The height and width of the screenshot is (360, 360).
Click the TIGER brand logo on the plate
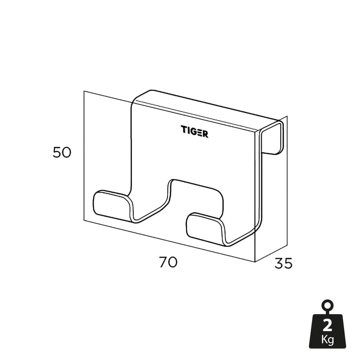click(194, 131)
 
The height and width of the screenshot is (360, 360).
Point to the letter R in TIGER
click(205, 134)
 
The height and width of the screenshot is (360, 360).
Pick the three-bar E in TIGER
click(199, 132)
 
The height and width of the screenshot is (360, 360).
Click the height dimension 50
click(62, 152)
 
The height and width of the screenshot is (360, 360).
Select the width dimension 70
click(168, 262)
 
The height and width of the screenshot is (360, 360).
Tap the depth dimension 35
click(283, 263)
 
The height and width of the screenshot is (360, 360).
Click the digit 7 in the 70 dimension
click(163, 262)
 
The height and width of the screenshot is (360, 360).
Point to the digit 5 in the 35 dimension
click(288, 263)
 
